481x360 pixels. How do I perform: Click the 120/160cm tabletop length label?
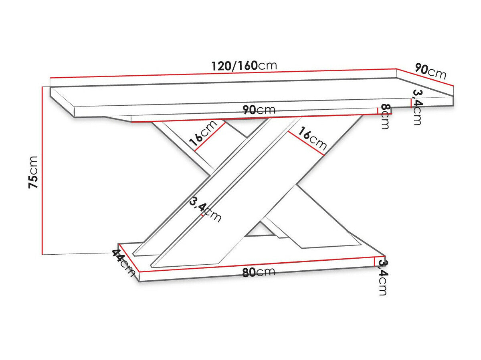(244, 65)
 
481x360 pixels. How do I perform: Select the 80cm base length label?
(259, 272)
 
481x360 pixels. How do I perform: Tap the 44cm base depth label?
(123, 262)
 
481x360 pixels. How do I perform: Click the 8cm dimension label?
(385, 117)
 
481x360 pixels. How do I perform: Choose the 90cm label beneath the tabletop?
(259, 110)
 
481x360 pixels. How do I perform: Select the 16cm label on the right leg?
(312, 138)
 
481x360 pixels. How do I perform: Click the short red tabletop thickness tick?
(411, 103)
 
